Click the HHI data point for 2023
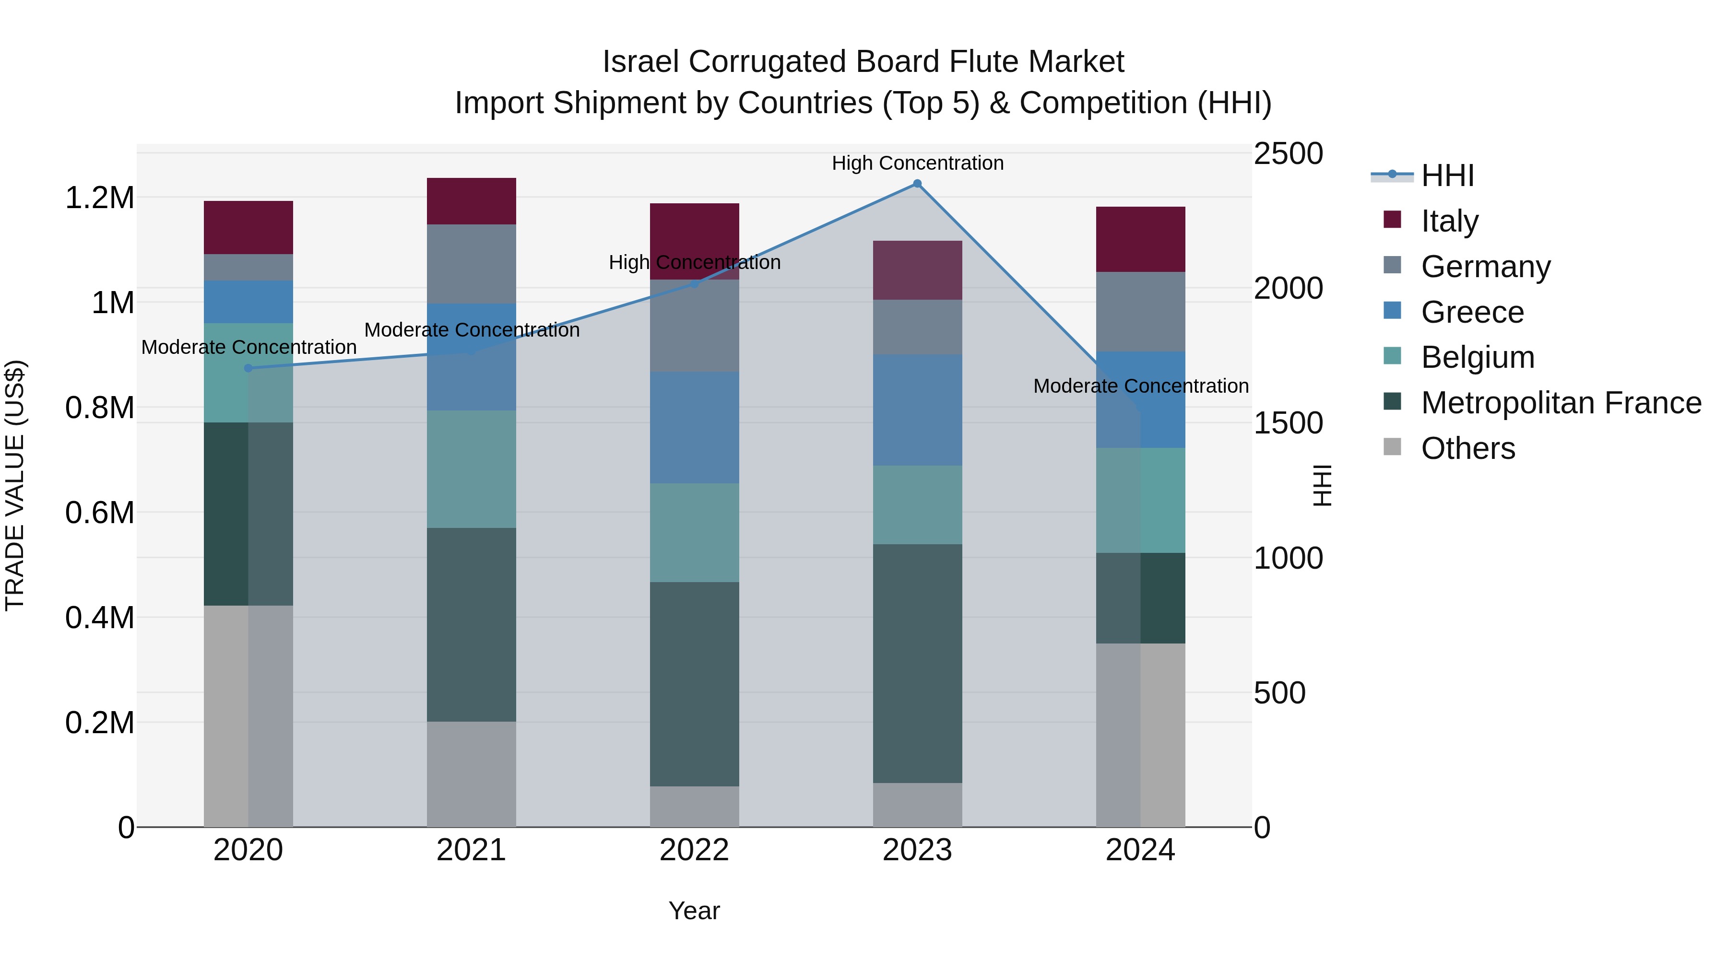click(x=917, y=184)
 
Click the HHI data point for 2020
click(x=248, y=368)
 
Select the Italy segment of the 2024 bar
click(x=1140, y=239)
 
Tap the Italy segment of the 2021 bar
click(x=471, y=201)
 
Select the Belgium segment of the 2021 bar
click(x=471, y=469)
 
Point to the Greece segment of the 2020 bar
click(x=248, y=302)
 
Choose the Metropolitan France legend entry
click(x=1561, y=403)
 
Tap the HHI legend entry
click(x=1447, y=175)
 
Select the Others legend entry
click(x=1467, y=448)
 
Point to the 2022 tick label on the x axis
click(x=695, y=850)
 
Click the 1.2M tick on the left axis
click(x=100, y=198)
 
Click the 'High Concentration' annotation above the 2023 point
click(x=917, y=163)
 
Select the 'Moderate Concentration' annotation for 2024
click(x=1140, y=386)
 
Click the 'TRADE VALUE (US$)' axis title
click(x=15, y=485)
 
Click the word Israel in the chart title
click(x=640, y=62)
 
